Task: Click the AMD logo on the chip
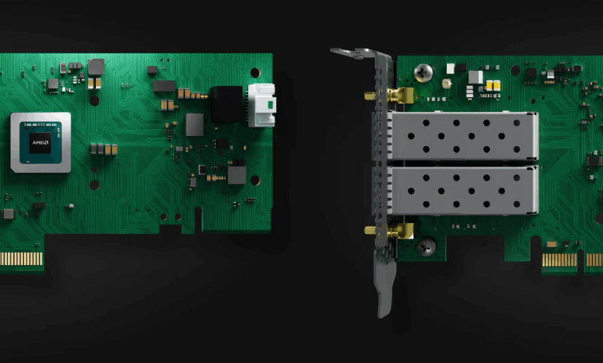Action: tap(40, 143)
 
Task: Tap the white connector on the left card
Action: tap(261, 105)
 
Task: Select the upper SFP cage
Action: tap(462, 136)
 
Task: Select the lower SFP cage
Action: tap(462, 190)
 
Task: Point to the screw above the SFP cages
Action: tap(424, 73)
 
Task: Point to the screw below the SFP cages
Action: tap(427, 246)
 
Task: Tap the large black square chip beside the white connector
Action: tap(227, 104)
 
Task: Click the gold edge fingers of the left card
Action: tap(22, 259)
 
